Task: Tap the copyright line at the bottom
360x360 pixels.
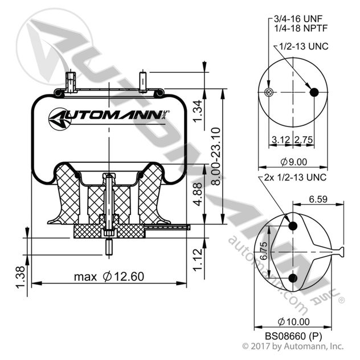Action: coord(293,346)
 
